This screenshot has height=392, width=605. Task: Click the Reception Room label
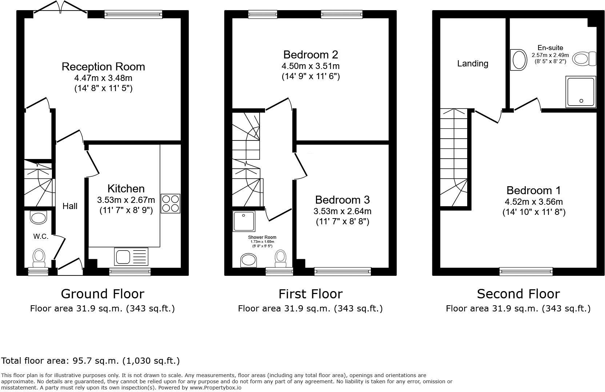pyautogui.click(x=103, y=67)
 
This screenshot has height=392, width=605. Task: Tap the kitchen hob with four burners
pyautogui.click(x=170, y=204)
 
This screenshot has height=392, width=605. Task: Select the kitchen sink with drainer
pyautogui.click(x=131, y=257)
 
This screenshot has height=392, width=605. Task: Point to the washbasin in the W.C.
pyautogui.click(x=39, y=218)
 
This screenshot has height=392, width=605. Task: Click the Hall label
pyautogui.click(x=70, y=206)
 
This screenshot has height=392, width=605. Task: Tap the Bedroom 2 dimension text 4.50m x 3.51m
pyautogui.click(x=310, y=66)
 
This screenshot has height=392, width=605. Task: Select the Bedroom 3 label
pyautogui.click(x=342, y=200)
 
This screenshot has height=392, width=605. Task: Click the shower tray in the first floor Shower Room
pyautogui.click(x=244, y=221)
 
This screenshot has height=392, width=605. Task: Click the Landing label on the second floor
pyautogui.click(x=472, y=64)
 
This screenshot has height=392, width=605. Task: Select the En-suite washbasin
pyautogui.click(x=519, y=60)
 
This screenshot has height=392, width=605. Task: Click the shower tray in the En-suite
pyautogui.click(x=581, y=92)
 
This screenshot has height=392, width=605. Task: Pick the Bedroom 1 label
pyautogui.click(x=533, y=191)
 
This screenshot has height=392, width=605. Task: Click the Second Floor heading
pyautogui.click(x=518, y=294)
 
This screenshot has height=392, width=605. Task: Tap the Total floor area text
pyautogui.click(x=91, y=361)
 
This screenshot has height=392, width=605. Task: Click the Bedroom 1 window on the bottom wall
pyautogui.click(x=526, y=271)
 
